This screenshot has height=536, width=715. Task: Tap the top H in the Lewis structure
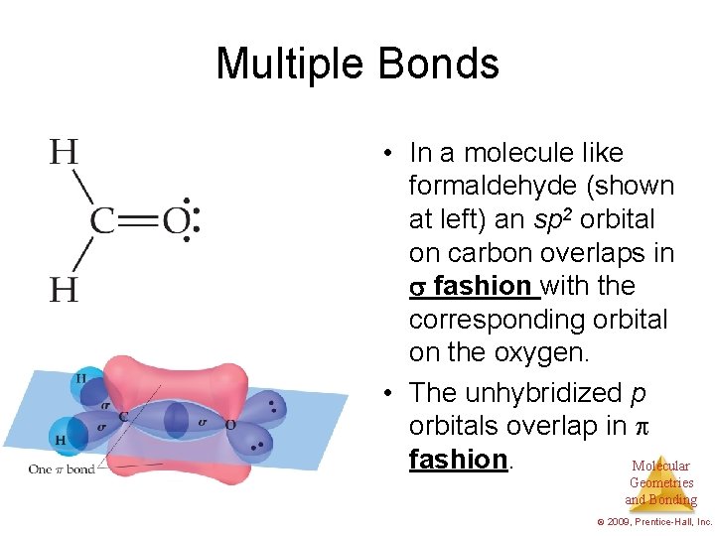[64, 152]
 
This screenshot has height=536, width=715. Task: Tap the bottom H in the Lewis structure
[64, 289]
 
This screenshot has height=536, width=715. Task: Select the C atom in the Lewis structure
[104, 220]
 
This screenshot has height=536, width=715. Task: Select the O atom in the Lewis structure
[175, 220]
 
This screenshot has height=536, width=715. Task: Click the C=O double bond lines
[139, 220]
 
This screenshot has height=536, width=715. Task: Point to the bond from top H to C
[82, 186]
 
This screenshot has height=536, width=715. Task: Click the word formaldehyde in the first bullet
[541, 186]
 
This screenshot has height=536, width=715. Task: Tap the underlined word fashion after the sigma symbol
[482, 286]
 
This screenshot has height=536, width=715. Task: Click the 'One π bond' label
[62, 469]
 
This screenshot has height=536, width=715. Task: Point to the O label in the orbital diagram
[231, 425]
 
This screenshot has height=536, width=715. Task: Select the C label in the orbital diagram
[123, 417]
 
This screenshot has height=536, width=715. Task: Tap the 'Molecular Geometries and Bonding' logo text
[660, 483]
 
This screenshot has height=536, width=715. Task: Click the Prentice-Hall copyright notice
[652, 521]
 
